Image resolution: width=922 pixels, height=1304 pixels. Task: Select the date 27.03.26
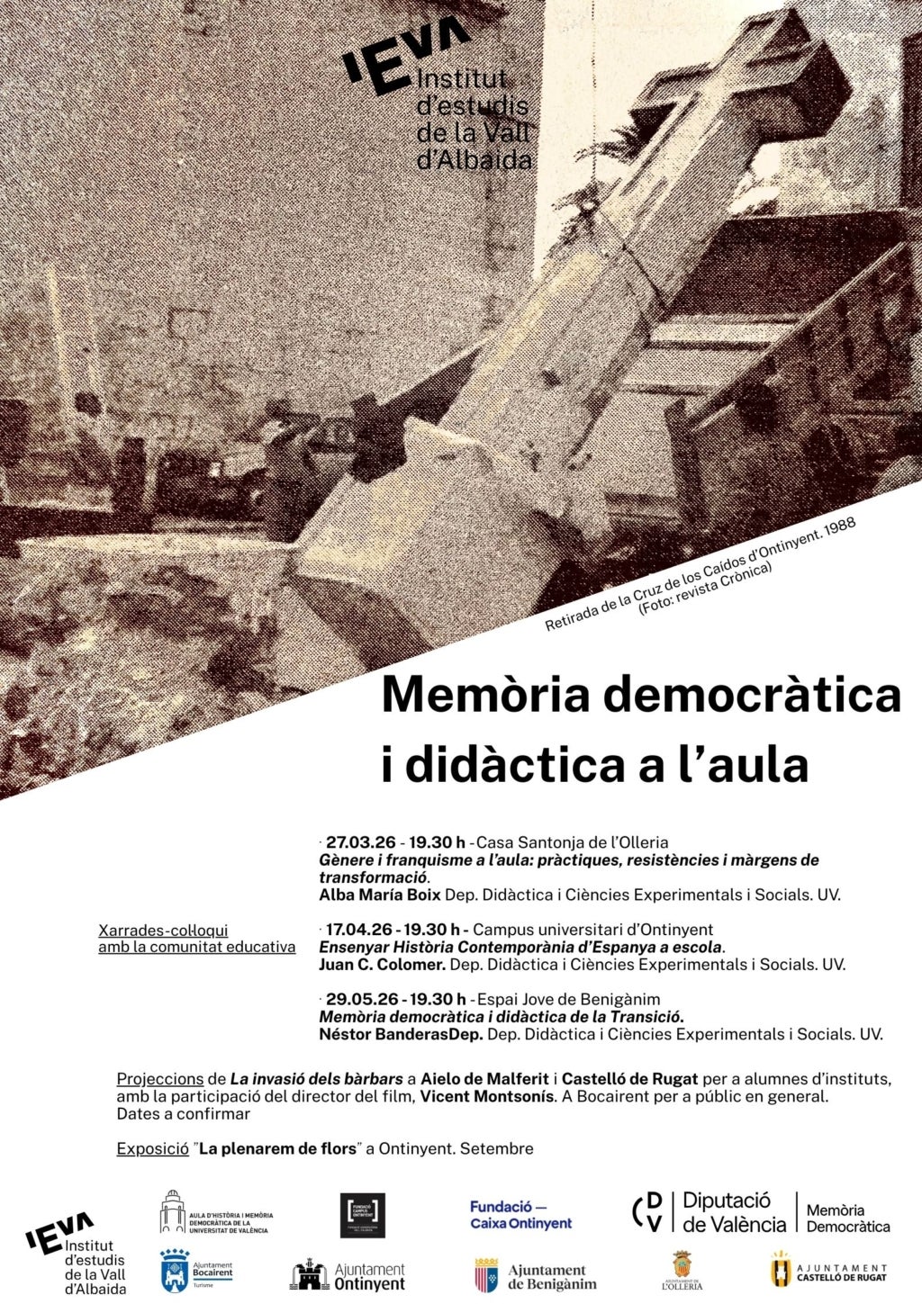[361, 843]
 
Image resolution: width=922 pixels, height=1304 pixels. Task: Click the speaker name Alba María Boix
[379, 895]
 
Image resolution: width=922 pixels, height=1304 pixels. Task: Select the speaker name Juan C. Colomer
[382, 965]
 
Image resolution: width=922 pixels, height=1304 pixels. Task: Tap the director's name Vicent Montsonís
[486, 1097]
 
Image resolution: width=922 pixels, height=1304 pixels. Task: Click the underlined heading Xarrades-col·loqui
[163, 931]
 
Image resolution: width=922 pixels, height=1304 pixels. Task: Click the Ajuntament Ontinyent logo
[348, 1276]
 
